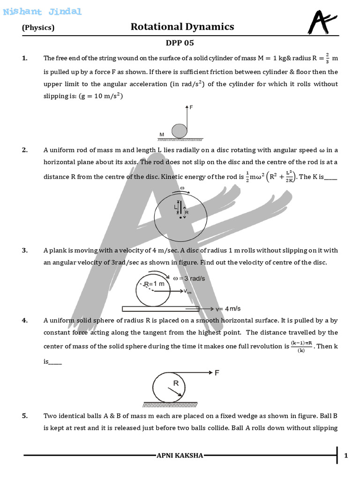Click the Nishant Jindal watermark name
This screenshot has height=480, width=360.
click(42, 12)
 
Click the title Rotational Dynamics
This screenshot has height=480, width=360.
click(182, 27)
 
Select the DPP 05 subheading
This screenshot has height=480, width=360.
click(180, 43)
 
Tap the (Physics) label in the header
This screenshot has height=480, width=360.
click(38, 28)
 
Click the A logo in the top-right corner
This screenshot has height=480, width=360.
click(322, 22)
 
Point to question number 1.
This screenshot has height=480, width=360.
click(24, 58)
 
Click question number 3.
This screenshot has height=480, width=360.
click(24, 250)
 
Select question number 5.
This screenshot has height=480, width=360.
click(24, 416)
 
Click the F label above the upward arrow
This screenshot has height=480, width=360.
click(191, 107)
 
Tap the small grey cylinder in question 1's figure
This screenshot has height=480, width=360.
click(179, 131)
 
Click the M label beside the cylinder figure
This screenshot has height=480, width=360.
click(162, 135)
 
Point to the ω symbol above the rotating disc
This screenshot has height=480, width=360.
click(182, 188)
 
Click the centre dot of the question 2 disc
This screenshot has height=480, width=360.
click(180, 217)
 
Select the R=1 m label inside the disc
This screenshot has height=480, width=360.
click(154, 284)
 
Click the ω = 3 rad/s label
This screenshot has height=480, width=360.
click(189, 278)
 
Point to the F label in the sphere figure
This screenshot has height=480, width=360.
click(217, 373)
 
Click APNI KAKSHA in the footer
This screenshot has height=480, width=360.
click(180, 456)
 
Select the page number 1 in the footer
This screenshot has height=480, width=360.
click(345, 456)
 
